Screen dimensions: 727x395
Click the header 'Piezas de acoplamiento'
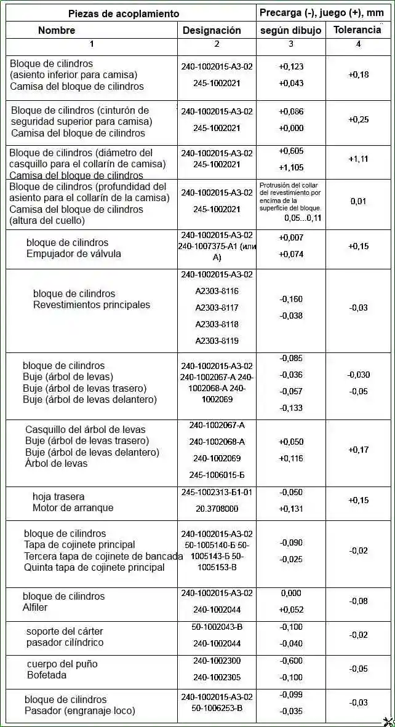[x=124, y=14]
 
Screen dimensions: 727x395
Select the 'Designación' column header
[x=212, y=30]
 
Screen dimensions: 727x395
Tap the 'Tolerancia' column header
[x=357, y=30]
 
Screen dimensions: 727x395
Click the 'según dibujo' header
[x=291, y=30]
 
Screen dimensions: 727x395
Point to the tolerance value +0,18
[x=358, y=74]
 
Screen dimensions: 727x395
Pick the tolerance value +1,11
[x=358, y=159]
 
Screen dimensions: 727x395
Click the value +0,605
[x=291, y=151]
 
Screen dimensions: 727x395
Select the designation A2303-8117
[x=217, y=308]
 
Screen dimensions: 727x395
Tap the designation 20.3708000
[x=217, y=509]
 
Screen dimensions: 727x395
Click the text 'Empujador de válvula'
[x=74, y=253]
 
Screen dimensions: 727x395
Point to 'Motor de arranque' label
[x=73, y=508]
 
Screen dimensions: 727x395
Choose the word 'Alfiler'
[x=35, y=608]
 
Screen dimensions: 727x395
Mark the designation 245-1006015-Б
[x=217, y=475]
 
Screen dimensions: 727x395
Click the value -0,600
[x=291, y=661]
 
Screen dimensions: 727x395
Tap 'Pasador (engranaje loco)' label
[x=79, y=711]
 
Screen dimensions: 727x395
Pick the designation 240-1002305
[x=217, y=677]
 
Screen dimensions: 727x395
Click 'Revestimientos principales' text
[x=92, y=305]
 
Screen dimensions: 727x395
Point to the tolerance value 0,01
[x=358, y=201]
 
